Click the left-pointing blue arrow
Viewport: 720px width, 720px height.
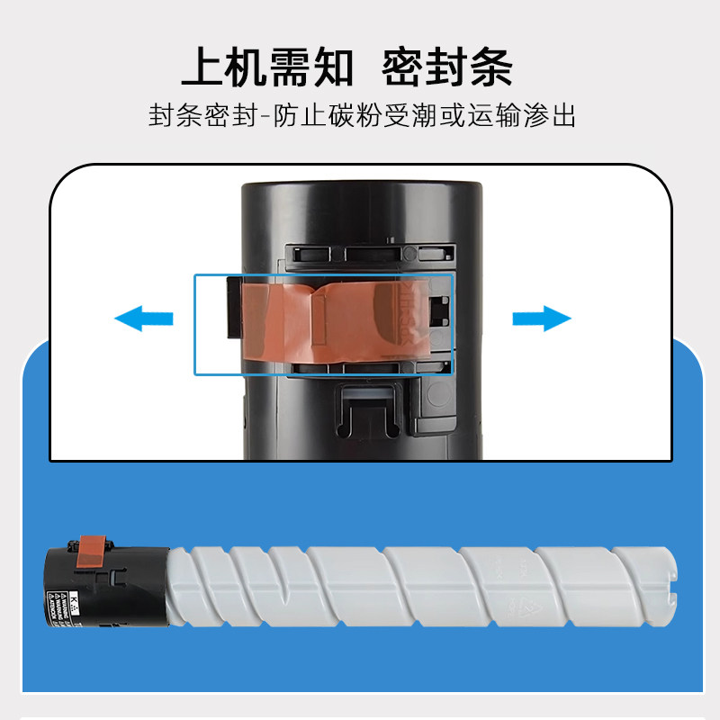(x=143, y=318)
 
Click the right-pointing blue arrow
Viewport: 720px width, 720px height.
(x=542, y=318)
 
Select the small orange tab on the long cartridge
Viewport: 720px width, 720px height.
(x=93, y=548)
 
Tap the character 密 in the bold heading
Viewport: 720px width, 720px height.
(x=404, y=67)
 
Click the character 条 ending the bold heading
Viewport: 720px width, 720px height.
(x=492, y=67)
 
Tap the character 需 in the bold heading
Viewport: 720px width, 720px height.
(x=290, y=67)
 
